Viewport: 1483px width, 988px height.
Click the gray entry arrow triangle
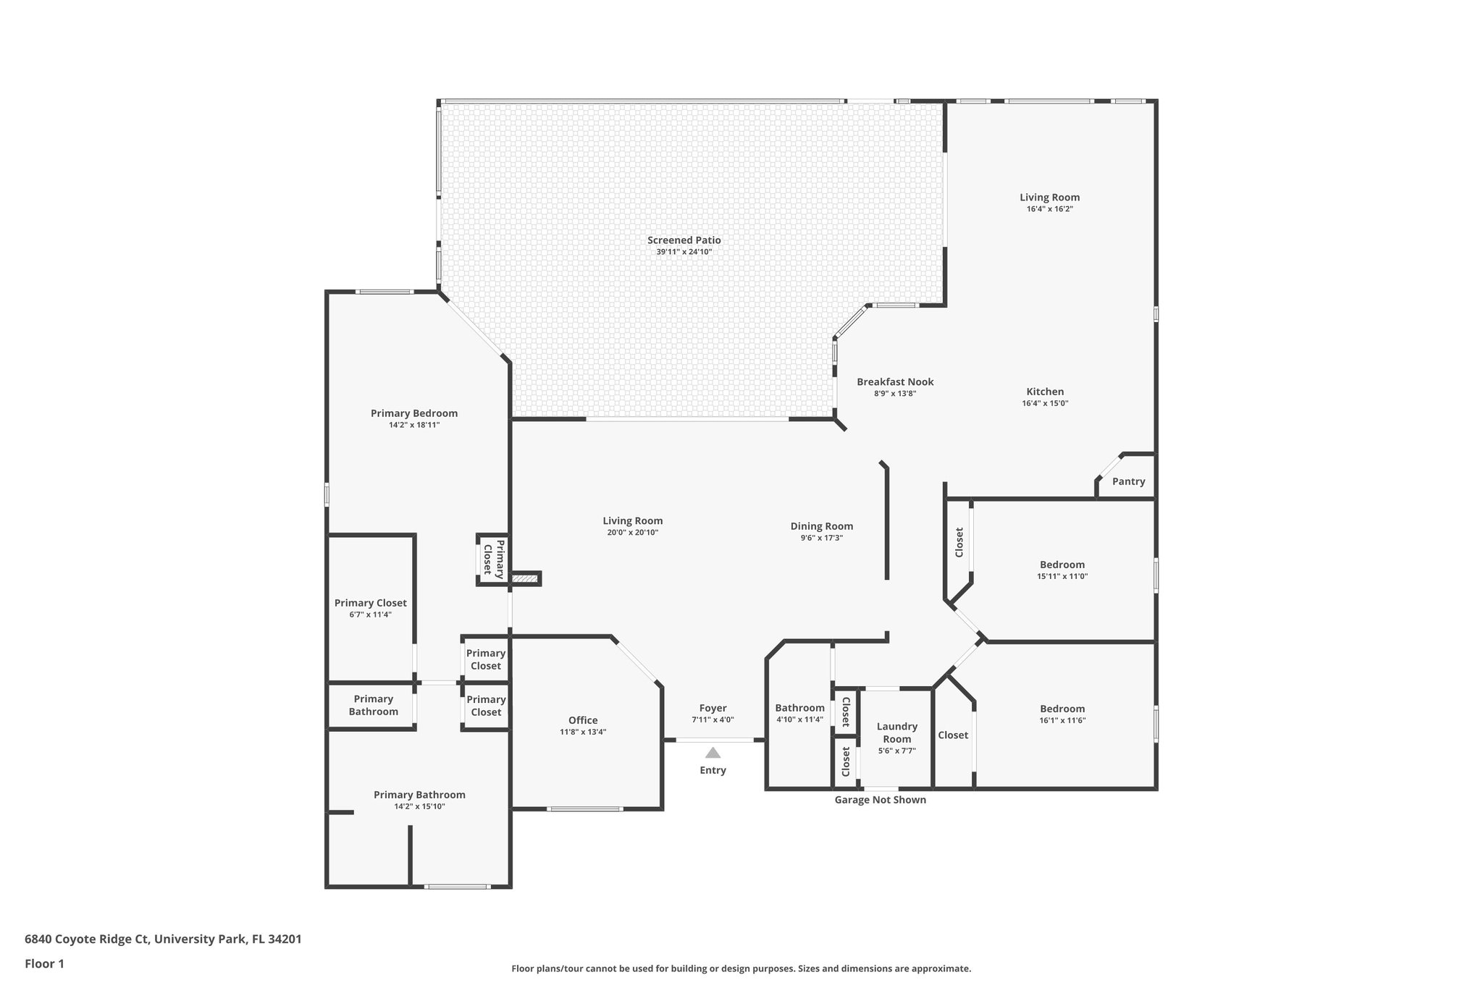713,753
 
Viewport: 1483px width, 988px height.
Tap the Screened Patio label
684,240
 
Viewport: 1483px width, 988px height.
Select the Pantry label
1128,481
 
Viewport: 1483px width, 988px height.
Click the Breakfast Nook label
895,381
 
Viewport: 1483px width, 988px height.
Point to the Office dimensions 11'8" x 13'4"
582,732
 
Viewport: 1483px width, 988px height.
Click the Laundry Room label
896,732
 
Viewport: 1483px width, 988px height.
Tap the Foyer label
713,708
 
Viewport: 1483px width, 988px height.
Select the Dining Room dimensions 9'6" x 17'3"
821,538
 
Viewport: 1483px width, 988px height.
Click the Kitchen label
1044,392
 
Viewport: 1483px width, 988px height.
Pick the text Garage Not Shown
880,800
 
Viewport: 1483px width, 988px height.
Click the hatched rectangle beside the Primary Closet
524,578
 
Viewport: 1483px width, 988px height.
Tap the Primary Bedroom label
413,413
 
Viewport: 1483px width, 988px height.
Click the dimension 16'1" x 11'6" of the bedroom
1062,720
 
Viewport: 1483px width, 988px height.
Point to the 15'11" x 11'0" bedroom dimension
1062,576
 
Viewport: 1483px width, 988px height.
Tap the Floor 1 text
44,963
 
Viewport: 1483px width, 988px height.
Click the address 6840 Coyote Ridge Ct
86,939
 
